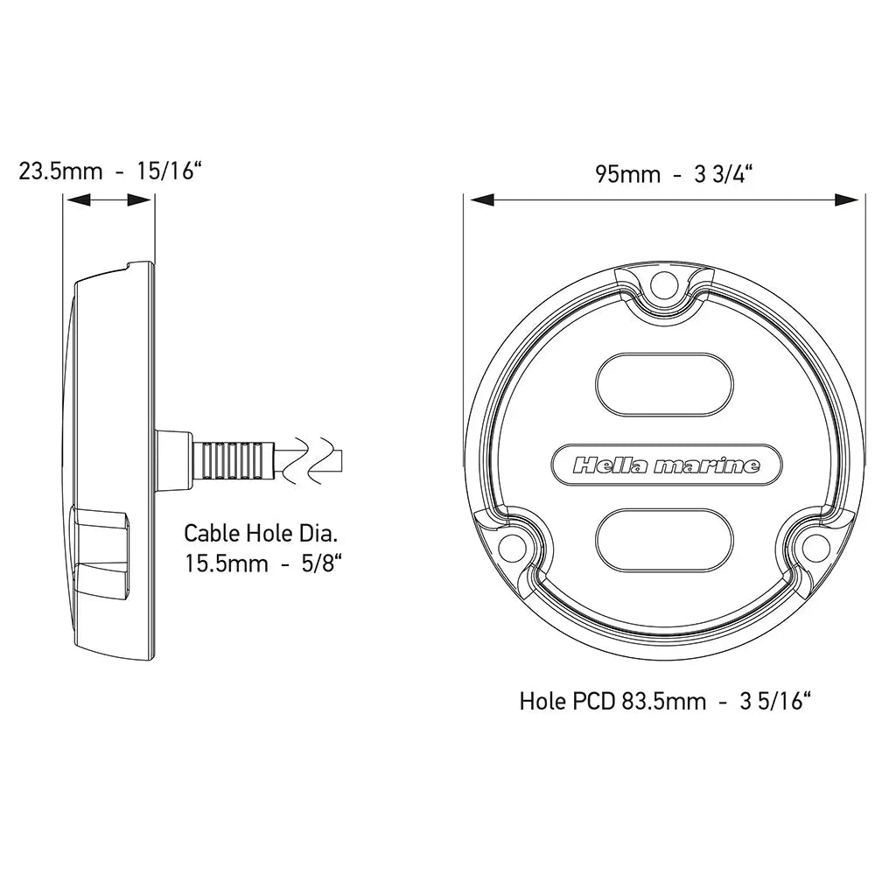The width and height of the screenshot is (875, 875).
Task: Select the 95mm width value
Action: [627, 173]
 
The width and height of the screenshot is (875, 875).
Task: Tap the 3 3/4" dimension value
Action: [724, 173]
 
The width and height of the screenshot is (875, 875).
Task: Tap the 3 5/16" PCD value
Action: [775, 701]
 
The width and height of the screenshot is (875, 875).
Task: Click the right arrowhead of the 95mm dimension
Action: [846, 200]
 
